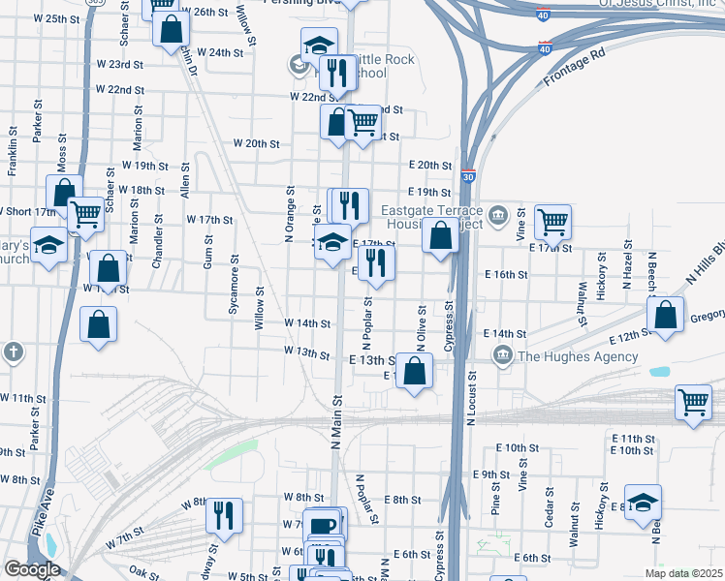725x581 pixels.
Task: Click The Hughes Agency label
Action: point(578,356)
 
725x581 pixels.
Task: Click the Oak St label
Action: point(143,572)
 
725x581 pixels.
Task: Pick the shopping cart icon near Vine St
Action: point(552,221)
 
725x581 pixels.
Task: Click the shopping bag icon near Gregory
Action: point(666,315)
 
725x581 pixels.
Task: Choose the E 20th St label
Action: point(430,165)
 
